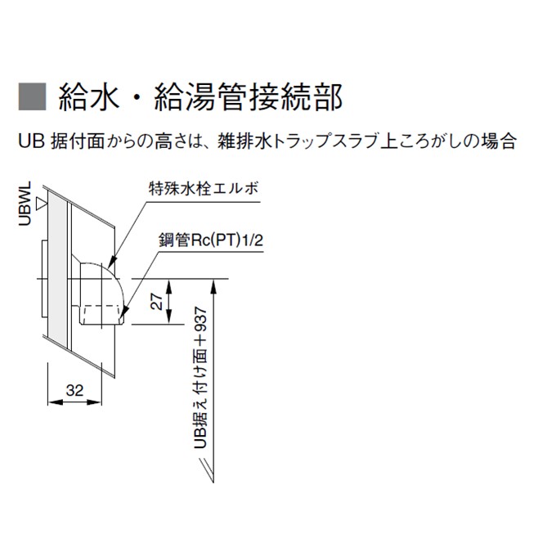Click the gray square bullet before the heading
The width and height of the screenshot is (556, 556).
(32, 96)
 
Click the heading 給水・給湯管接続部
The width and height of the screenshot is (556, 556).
(200, 96)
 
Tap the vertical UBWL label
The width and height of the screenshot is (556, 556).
(25, 204)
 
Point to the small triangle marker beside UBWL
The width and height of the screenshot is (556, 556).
(42, 204)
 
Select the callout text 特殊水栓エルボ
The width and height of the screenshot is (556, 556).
(203, 188)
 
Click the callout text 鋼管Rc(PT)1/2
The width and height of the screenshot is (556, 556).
(211, 240)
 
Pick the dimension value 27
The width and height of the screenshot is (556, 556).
(157, 302)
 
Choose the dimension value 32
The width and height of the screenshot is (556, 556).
(74, 390)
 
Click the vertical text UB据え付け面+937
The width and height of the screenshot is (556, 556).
(200, 378)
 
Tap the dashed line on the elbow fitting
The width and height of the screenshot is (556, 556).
(100, 306)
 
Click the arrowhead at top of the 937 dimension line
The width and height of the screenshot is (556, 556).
(213, 286)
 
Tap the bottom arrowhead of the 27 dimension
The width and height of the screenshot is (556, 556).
(168, 316)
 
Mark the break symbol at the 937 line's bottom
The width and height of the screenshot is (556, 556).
(208, 470)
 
